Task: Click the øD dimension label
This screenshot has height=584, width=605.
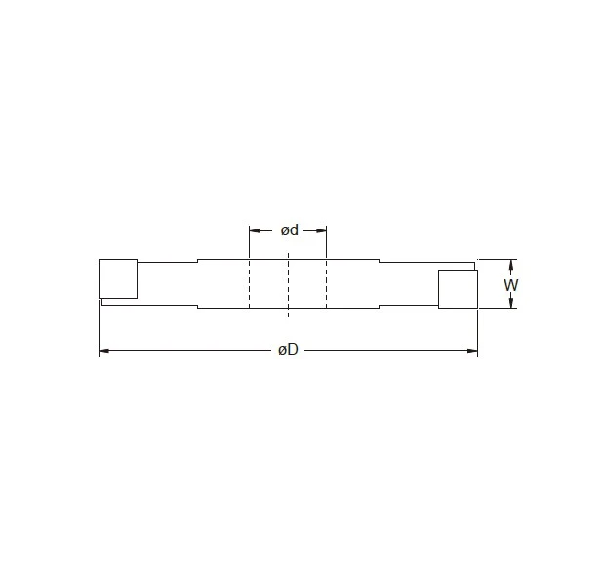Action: point(288,351)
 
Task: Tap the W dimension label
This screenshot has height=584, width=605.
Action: point(510,284)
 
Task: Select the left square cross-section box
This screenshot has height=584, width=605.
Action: point(118,278)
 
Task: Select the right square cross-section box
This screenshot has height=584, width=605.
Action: point(457,289)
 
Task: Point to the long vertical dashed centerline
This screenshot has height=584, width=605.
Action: point(288,283)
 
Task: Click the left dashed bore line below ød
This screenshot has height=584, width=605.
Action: point(249,283)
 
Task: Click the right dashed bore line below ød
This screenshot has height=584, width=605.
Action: point(327,283)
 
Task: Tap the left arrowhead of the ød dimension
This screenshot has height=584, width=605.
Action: point(254,231)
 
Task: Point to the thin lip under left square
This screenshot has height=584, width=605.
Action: point(119,302)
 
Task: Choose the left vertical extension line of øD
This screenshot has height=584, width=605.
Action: point(99,327)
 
